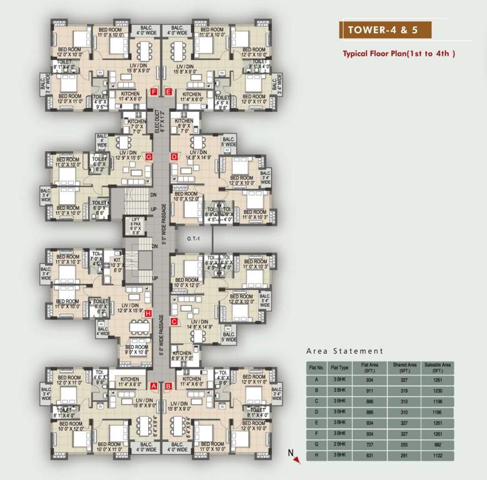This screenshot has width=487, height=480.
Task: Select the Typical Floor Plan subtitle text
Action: coord(398,54)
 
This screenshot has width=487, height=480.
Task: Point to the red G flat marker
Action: coord(149,156)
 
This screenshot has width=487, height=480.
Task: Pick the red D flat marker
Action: coord(174,156)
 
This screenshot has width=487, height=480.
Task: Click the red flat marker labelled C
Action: coord(174,322)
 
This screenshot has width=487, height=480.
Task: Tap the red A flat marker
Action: coord(154,386)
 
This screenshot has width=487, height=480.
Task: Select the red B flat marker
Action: coord(168,386)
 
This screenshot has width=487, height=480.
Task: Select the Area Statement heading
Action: coord(344,351)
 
